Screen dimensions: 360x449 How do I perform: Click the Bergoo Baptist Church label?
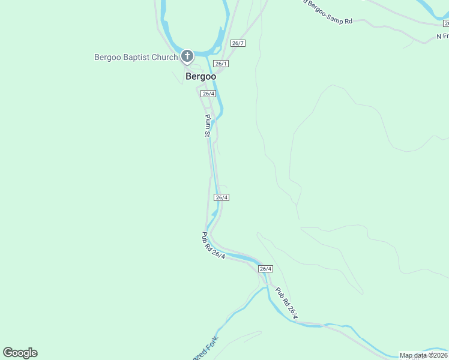click(136, 58)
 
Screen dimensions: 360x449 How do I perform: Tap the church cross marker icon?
click(187, 57)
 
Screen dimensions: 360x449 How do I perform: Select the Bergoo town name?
click(200, 76)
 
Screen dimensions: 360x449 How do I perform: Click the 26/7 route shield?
click(238, 43)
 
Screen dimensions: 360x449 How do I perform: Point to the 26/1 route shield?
click(221, 64)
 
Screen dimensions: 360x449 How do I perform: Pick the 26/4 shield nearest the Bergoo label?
click(208, 94)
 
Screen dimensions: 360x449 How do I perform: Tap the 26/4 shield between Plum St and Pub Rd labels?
click(221, 197)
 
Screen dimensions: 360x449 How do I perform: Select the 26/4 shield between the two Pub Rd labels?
click(266, 269)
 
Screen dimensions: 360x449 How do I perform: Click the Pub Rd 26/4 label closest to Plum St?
click(213, 246)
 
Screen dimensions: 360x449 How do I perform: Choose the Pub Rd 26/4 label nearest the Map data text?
click(287, 304)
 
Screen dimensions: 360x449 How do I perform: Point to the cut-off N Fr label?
click(442, 37)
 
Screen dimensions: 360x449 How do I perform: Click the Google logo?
click(20, 353)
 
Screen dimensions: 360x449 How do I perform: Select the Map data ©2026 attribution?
click(423, 355)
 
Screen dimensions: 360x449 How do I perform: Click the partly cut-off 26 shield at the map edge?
click(445, 23)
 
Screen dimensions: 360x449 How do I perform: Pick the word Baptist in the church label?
click(136, 58)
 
